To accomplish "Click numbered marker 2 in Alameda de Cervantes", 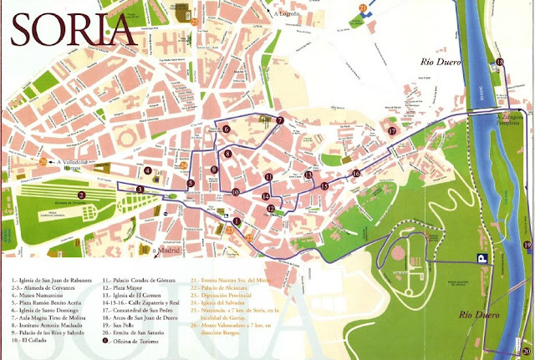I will tap(82, 195).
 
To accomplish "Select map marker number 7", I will tap(280, 121).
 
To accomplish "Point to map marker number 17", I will tap(390, 131).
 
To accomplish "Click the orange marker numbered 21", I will tap(362, 8).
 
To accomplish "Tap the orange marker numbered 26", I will tap(43, 161).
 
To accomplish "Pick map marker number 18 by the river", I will tap(500, 63).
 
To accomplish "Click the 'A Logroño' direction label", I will tap(287, 14).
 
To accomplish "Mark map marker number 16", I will tap(355, 174).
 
